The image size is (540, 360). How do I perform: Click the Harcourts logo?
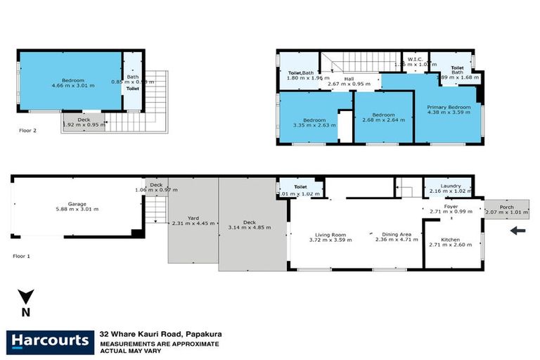(49, 342)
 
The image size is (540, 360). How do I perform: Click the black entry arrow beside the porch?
(517, 230)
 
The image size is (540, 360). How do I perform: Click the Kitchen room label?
(451, 239)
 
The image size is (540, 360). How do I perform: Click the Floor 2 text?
(28, 130)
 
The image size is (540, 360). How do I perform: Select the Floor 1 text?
(22, 257)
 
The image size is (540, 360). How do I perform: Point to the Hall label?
(348, 79)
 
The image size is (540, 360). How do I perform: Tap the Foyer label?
(451, 207)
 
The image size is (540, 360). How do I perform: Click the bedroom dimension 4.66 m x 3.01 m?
(71, 86)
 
